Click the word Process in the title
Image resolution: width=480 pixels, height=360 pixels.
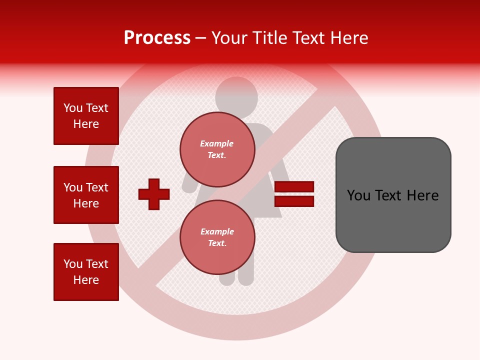[157, 38]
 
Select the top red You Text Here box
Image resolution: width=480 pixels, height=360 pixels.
[86, 116]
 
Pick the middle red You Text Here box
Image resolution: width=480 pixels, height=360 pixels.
[86, 195]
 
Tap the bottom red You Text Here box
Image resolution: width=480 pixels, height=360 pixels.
[86, 272]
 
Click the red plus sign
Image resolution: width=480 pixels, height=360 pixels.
[154, 194]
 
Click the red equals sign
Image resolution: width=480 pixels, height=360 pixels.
[294, 194]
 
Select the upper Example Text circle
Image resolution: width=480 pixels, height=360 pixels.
[217, 149]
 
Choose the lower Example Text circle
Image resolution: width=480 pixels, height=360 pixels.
[217, 237]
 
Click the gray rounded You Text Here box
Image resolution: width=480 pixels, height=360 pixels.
[393, 195]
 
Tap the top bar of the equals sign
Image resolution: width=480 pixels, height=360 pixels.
[294, 187]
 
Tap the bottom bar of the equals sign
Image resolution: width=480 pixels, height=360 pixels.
[294, 201]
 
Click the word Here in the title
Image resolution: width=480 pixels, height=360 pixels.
[348, 38]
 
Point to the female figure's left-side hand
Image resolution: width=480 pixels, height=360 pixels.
[189, 188]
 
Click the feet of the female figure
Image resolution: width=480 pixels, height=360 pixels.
[236, 280]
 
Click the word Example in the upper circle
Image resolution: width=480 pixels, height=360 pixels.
[216, 143]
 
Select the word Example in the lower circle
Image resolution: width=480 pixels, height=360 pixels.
[217, 231]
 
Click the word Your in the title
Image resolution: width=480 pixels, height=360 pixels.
[229, 38]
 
